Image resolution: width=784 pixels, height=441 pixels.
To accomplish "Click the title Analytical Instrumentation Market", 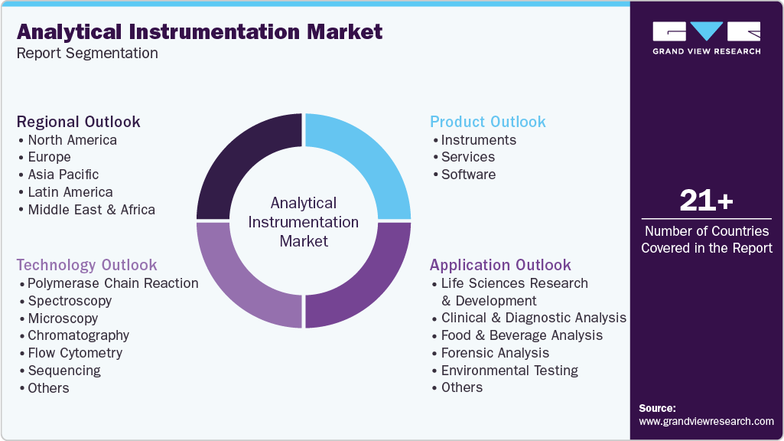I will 199,31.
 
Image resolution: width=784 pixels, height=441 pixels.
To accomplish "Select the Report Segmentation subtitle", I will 87,54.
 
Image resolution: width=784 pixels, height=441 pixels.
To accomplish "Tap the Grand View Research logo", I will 706,38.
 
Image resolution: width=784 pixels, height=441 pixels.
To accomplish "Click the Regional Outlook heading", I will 79,122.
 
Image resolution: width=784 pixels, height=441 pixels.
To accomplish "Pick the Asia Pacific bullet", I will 63,175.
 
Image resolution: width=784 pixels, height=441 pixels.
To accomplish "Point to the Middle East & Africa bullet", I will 91,210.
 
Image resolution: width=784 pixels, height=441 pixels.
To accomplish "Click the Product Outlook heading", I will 487,122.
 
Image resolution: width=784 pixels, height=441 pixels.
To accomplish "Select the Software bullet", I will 468,175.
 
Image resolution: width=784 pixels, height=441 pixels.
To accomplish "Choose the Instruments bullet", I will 478,140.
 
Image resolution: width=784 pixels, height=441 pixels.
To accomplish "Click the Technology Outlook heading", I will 86,265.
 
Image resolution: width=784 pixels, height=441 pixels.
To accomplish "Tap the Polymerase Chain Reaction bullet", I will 112,283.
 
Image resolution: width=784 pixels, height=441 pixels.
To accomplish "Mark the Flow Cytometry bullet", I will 75,353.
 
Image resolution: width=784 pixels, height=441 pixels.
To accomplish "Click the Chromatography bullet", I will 78,335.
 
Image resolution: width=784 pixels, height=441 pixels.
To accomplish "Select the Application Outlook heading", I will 500,265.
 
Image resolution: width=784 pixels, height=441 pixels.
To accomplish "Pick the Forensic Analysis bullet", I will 495,353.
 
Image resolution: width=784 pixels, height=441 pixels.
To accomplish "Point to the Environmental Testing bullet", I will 509,371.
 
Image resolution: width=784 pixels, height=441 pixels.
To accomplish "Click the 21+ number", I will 706,201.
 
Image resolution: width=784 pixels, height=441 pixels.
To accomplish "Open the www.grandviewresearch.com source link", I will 706,421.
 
